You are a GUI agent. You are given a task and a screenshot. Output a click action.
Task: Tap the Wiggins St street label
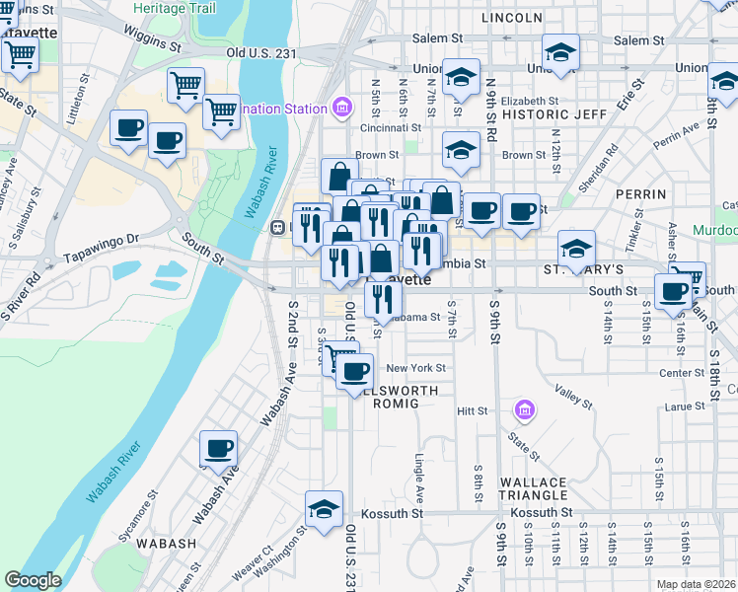(x=153, y=38)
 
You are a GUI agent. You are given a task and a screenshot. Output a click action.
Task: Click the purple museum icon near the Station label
(x=342, y=107)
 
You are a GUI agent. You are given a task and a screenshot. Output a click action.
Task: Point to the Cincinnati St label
(x=392, y=128)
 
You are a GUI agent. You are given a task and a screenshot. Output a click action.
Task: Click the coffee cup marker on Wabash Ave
(x=218, y=448)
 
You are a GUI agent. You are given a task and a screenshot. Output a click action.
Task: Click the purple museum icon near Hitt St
(x=524, y=408)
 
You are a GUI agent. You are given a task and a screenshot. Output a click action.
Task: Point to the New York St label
(x=416, y=368)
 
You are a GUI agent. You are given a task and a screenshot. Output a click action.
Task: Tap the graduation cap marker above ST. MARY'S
(x=576, y=247)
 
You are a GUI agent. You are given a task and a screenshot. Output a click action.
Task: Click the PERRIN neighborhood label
(x=641, y=194)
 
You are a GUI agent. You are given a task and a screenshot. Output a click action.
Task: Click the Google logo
(x=33, y=580)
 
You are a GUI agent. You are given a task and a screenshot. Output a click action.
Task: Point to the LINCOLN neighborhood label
(x=512, y=18)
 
